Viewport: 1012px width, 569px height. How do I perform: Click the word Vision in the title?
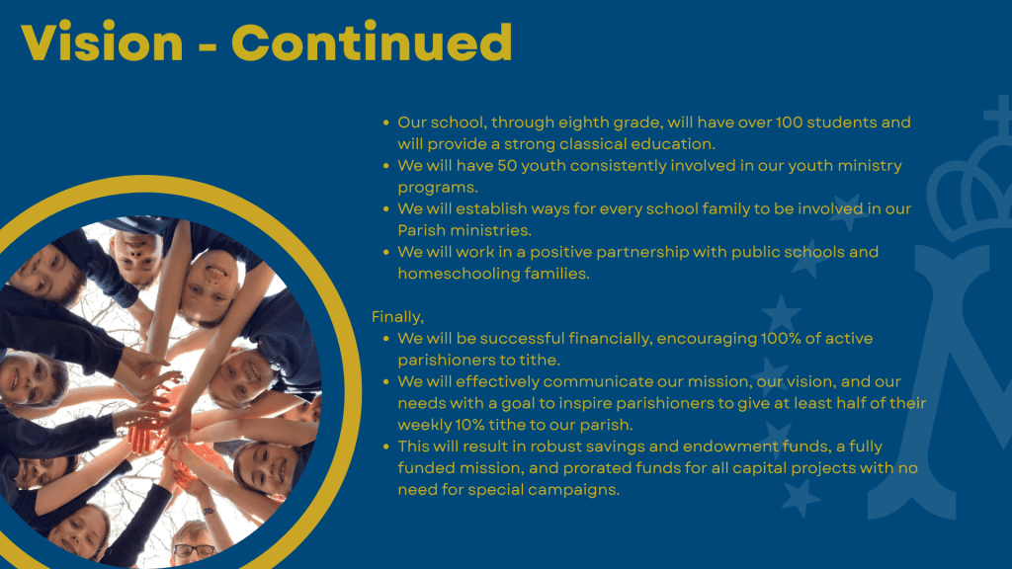[102, 41]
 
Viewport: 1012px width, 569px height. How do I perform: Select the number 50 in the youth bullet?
[507, 165]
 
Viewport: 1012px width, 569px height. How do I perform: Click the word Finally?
[397, 317]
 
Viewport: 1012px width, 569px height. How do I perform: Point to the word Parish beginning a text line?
[421, 230]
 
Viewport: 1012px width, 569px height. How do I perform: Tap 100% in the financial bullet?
[781, 338]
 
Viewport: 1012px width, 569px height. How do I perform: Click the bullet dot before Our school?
[386, 122]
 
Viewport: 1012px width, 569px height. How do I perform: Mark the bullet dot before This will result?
[386, 446]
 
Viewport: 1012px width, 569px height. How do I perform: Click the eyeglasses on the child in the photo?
[195, 550]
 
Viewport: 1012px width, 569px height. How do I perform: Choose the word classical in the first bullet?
[594, 143]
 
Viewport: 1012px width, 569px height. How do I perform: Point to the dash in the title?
[208, 46]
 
